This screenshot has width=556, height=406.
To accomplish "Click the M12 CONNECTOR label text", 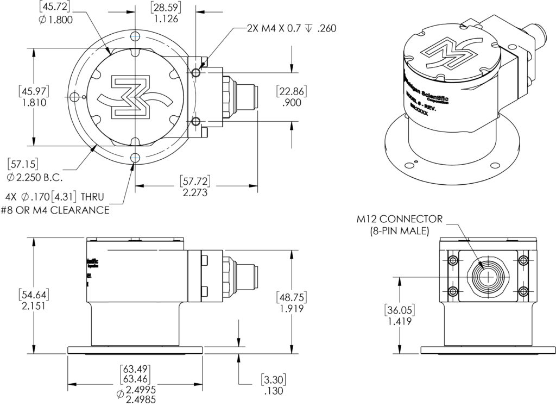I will (x=400, y=220).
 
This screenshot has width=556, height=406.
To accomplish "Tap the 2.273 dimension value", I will (x=195, y=192).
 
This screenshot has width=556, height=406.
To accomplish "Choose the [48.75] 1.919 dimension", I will (x=290, y=303).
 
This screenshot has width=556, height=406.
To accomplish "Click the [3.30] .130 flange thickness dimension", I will (x=273, y=385).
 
